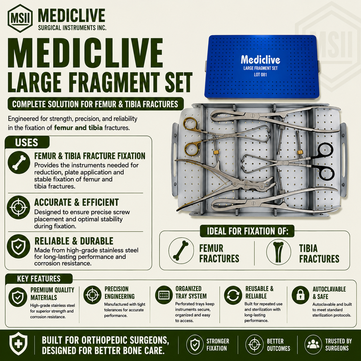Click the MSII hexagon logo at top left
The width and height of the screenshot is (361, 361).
[x=20, y=18]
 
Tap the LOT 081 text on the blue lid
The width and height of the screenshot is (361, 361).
[x=261, y=75]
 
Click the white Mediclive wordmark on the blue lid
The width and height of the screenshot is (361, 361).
[x=261, y=60]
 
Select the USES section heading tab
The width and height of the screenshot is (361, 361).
[x=27, y=142]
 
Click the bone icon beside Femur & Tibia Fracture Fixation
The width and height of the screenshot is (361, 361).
[x=19, y=163]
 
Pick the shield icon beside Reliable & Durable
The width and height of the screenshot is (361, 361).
[x=18, y=246]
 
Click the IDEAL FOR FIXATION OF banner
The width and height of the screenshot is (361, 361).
[x=247, y=231]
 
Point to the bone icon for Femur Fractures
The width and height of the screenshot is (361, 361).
[x=181, y=251]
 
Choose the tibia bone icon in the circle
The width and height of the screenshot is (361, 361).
[x=279, y=252]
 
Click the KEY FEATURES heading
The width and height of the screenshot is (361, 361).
[x=39, y=279]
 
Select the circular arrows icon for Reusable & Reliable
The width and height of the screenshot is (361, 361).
[x=233, y=295]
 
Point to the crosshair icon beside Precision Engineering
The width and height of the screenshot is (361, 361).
[x=92, y=295]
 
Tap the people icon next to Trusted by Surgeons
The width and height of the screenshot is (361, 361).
[x=313, y=345]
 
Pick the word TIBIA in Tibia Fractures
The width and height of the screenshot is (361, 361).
[x=308, y=248]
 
